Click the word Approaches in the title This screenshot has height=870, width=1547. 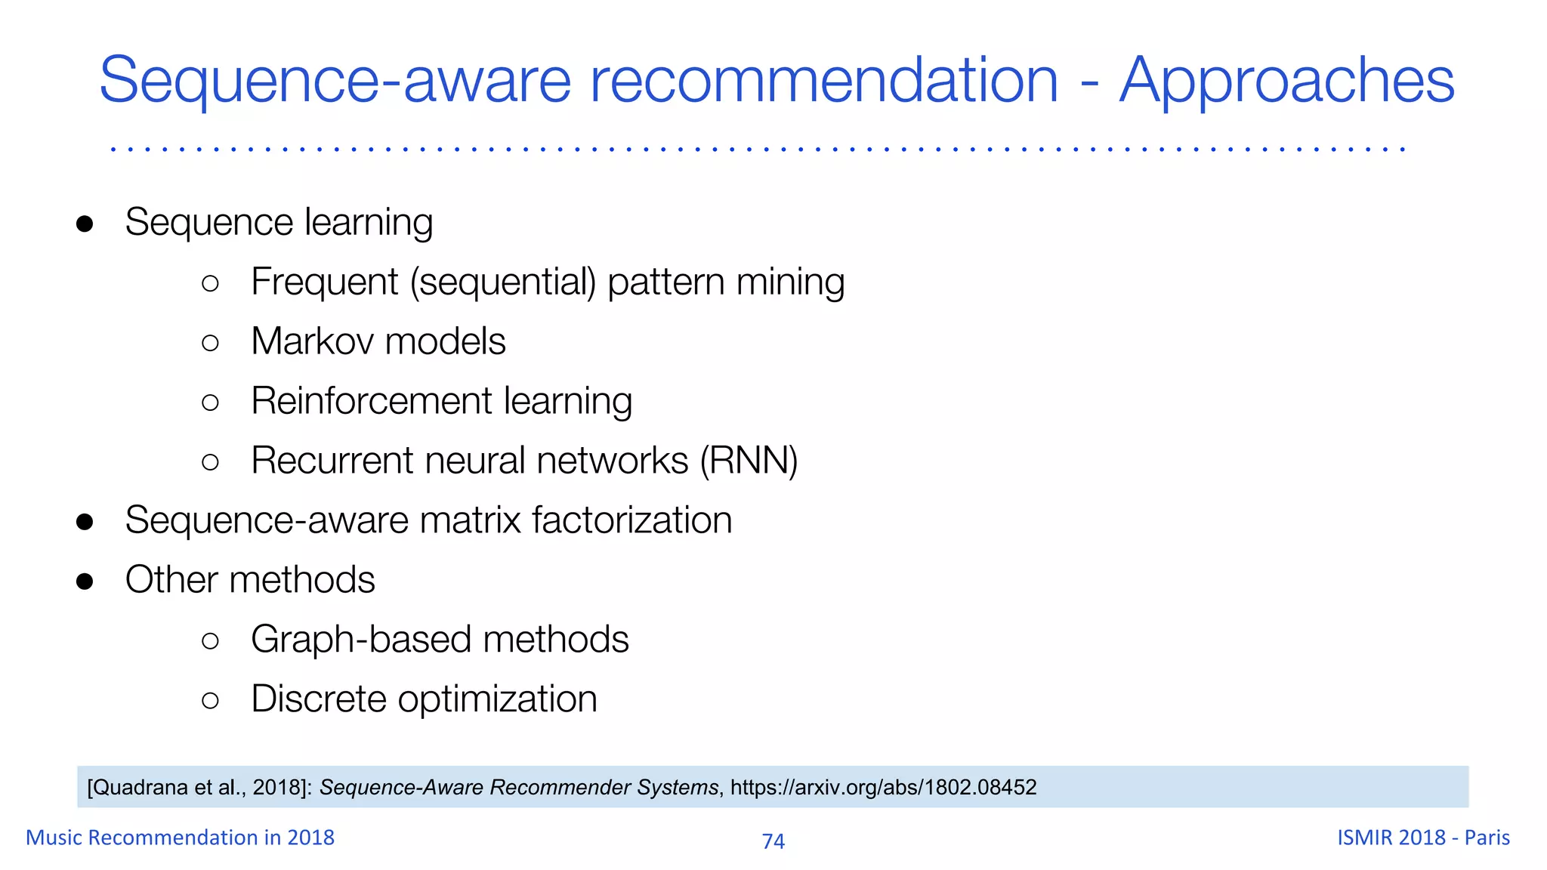click(1286, 80)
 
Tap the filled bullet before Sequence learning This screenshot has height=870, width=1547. click(85, 224)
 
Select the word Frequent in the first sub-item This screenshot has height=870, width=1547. click(324, 282)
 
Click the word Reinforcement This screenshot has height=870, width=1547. click(372, 400)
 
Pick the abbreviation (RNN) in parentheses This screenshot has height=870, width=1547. click(749, 460)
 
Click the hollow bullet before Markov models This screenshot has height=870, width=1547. click(211, 343)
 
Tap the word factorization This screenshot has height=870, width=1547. click(631, 520)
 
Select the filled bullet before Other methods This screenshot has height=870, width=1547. click(85, 582)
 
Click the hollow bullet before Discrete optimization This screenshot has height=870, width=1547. click(211, 701)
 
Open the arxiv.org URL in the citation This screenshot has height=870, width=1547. click(883, 787)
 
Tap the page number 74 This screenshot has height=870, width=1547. click(773, 841)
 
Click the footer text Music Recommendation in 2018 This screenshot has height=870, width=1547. click(180, 838)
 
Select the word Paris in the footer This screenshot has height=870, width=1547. click(1487, 838)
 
